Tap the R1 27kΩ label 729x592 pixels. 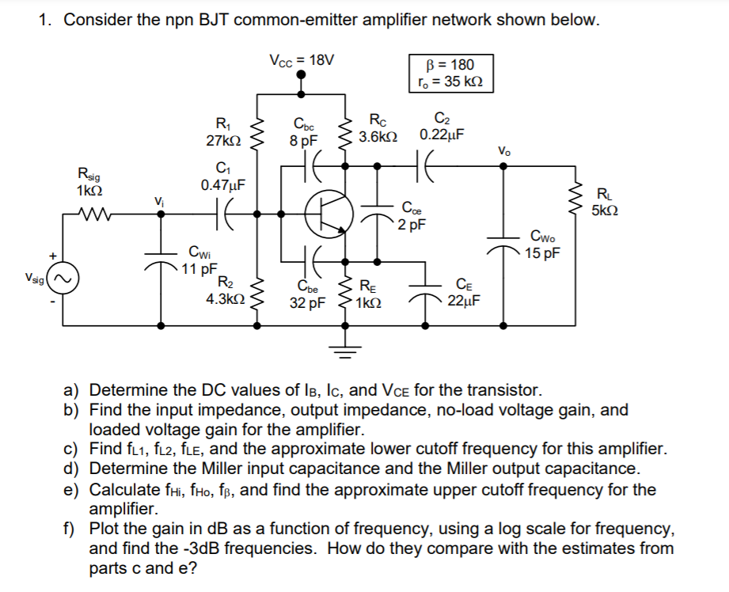tap(223, 131)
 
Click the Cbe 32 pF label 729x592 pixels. tap(309, 294)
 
